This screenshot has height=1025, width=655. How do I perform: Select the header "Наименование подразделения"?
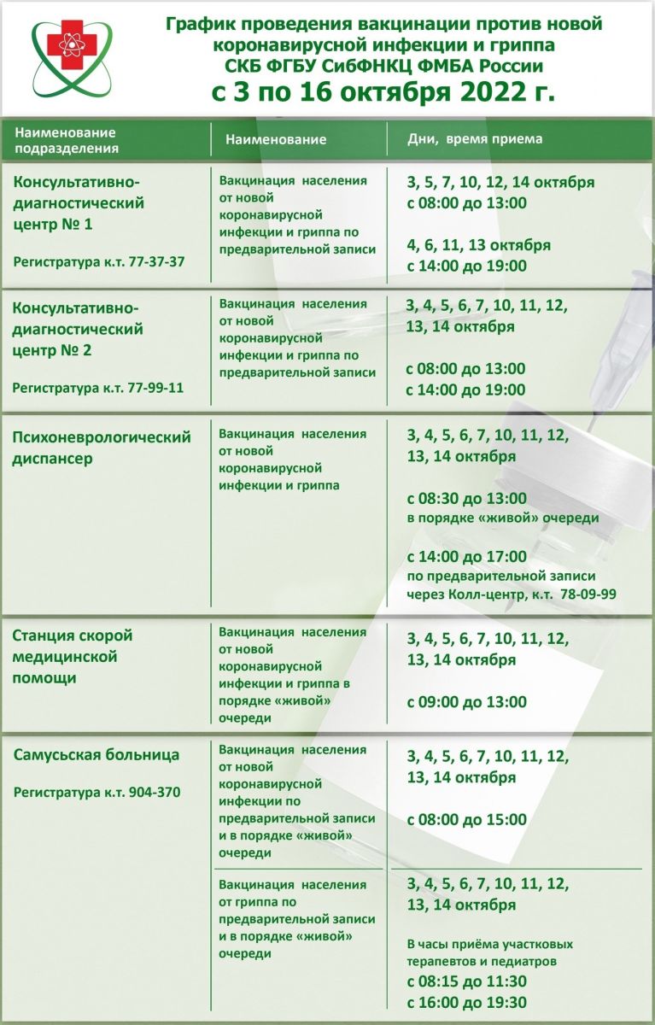click(67, 140)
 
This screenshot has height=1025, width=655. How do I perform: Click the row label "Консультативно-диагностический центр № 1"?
click(78, 203)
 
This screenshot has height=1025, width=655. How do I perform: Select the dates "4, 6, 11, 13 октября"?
click(478, 245)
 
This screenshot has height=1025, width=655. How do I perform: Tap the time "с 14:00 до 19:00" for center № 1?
click(466, 266)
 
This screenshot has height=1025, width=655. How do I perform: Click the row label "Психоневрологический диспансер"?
click(101, 448)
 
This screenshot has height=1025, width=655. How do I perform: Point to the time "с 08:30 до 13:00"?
click(466, 498)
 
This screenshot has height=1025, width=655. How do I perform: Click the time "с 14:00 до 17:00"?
click(466, 557)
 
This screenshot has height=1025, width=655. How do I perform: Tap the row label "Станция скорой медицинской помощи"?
click(73, 657)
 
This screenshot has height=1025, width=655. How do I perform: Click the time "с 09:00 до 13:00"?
click(466, 702)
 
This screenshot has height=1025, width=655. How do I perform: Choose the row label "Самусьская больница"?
click(96, 755)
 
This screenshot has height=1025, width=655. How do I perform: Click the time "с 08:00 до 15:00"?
click(466, 820)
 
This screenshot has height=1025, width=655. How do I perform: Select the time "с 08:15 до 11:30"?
click(466, 981)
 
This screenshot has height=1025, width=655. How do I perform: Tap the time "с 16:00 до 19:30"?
click(466, 1003)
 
